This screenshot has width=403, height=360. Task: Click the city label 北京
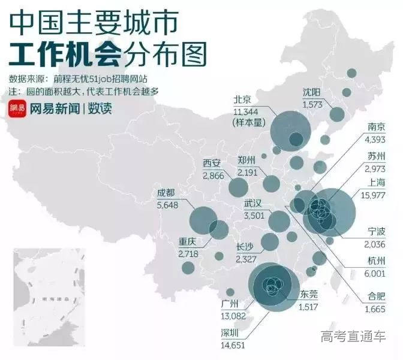pos(243,99)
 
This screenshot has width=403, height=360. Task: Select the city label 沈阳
pos(313,93)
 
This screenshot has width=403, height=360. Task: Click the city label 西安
pos(212,163)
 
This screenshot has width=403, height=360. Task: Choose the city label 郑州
pos(246,160)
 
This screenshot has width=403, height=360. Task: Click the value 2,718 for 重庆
pos(190,254)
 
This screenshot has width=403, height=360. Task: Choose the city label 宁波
pos(380,232)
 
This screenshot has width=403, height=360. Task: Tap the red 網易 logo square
pos(17,108)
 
